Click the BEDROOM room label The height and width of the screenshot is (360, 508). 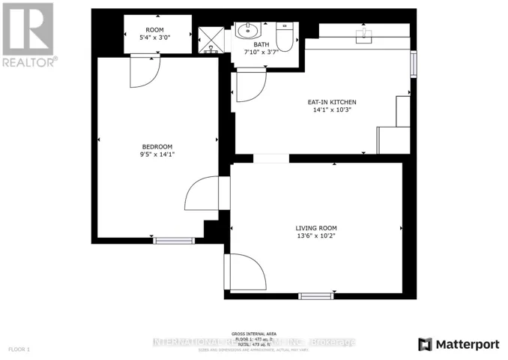pyautogui.click(x=158, y=146)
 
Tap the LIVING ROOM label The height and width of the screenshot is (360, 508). pyautogui.click(x=315, y=228)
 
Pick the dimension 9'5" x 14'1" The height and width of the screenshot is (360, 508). pyautogui.click(x=158, y=154)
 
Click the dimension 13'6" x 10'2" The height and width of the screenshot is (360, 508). pyautogui.click(x=315, y=236)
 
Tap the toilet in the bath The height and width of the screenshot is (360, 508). pyautogui.click(x=284, y=35)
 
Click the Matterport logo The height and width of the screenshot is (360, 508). pyautogui.click(x=459, y=344)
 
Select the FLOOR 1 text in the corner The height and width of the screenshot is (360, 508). pyautogui.click(x=19, y=349)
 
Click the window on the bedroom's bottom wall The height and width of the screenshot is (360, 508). pyautogui.click(x=174, y=240)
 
